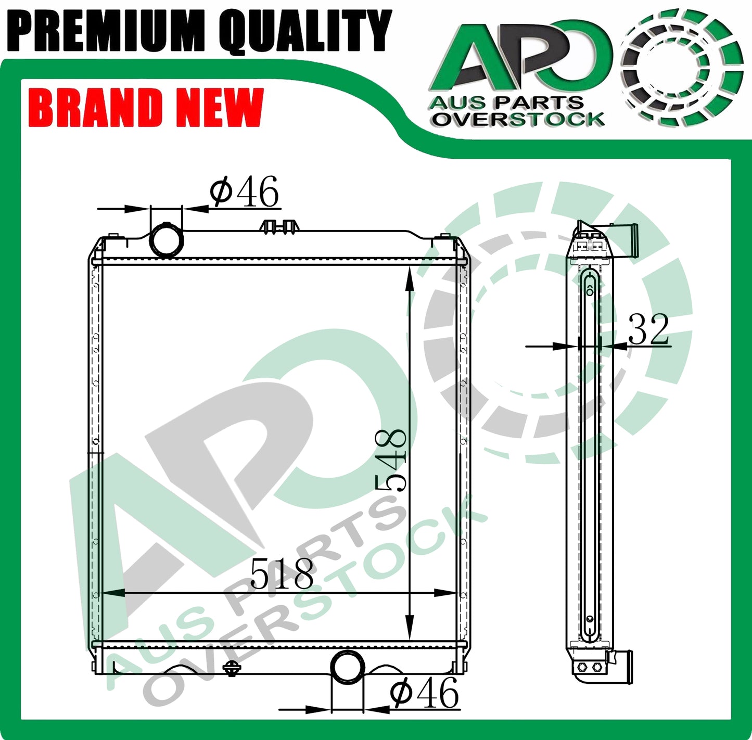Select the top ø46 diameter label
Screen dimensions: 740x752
[x=245, y=192]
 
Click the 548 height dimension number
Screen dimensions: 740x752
[x=391, y=460]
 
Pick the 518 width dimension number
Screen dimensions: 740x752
[x=282, y=574]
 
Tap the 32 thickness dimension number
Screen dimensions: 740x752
[x=648, y=330]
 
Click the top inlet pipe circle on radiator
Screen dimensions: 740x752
[x=167, y=239]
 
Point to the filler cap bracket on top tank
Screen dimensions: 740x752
[x=280, y=226]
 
